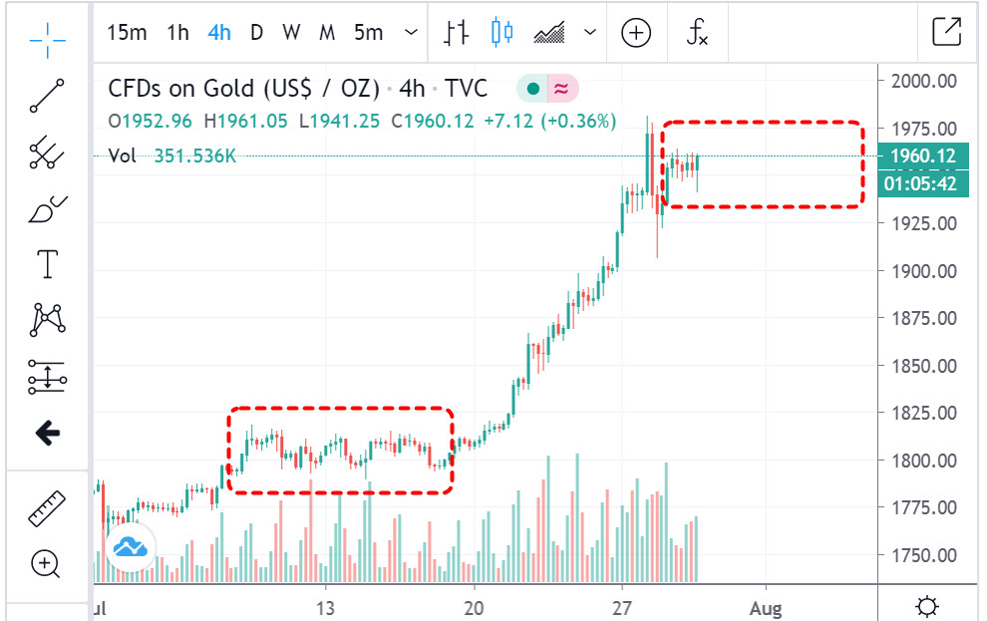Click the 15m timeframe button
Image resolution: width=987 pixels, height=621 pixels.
[127, 32]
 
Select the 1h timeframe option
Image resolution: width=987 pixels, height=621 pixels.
[177, 32]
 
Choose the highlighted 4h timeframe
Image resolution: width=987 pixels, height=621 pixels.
[219, 32]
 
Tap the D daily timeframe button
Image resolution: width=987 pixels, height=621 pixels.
[256, 32]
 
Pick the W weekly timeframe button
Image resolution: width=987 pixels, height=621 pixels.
[290, 32]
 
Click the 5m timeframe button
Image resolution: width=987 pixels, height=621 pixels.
[368, 32]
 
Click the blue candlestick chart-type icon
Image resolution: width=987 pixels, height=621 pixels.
[501, 32]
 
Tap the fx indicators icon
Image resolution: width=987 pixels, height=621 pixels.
[697, 32]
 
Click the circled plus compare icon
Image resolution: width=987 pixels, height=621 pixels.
[636, 32]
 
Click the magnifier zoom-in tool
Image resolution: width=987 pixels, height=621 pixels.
[46, 564]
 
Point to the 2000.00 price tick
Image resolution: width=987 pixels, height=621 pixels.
[923, 81]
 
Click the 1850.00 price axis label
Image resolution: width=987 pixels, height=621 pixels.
[923, 366]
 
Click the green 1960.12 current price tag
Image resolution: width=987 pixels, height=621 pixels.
[923, 155]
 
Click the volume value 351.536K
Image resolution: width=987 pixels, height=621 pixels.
[195, 155]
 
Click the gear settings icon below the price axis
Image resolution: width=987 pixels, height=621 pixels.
[927, 606]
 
